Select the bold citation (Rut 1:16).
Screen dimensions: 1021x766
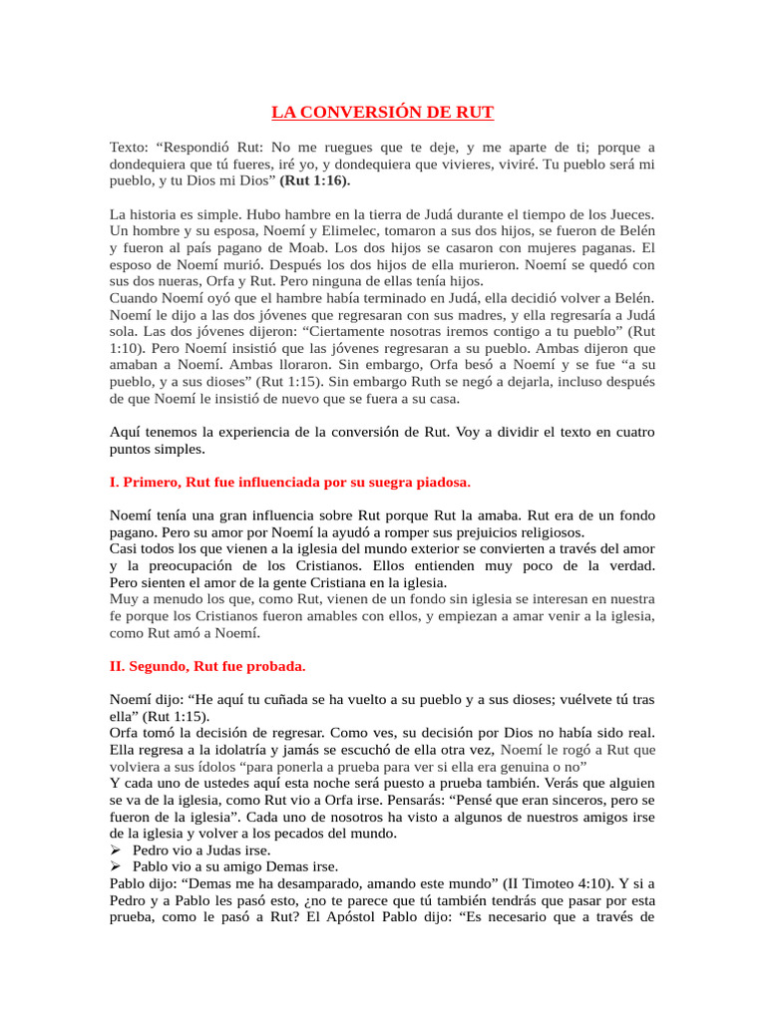click(x=314, y=181)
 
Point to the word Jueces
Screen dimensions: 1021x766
click(x=629, y=214)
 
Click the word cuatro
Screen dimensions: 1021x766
click(x=628, y=432)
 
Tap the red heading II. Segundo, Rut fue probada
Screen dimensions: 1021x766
click(x=207, y=666)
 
